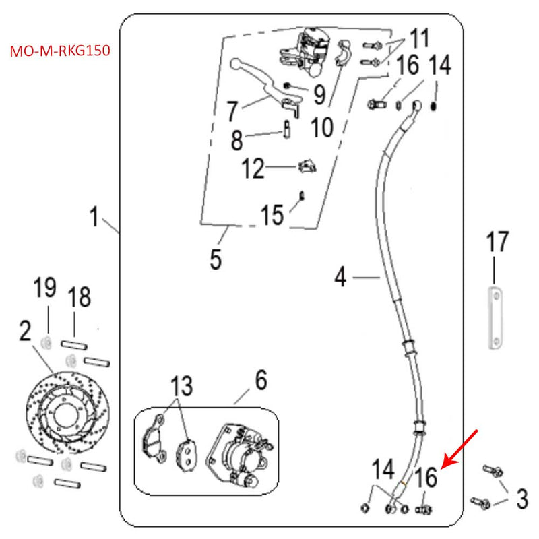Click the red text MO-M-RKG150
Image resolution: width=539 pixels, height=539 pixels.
click(x=61, y=51)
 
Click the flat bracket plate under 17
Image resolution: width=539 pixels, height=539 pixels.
click(x=496, y=319)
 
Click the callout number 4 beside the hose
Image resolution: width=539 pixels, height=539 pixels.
click(x=341, y=276)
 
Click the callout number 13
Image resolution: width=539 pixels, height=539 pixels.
click(x=181, y=387)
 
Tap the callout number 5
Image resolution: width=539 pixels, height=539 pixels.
click(x=216, y=259)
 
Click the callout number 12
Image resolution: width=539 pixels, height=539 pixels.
click(x=253, y=168)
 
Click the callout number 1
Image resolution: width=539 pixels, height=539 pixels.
click(x=95, y=218)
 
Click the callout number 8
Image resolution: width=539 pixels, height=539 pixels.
click(x=236, y=141)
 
